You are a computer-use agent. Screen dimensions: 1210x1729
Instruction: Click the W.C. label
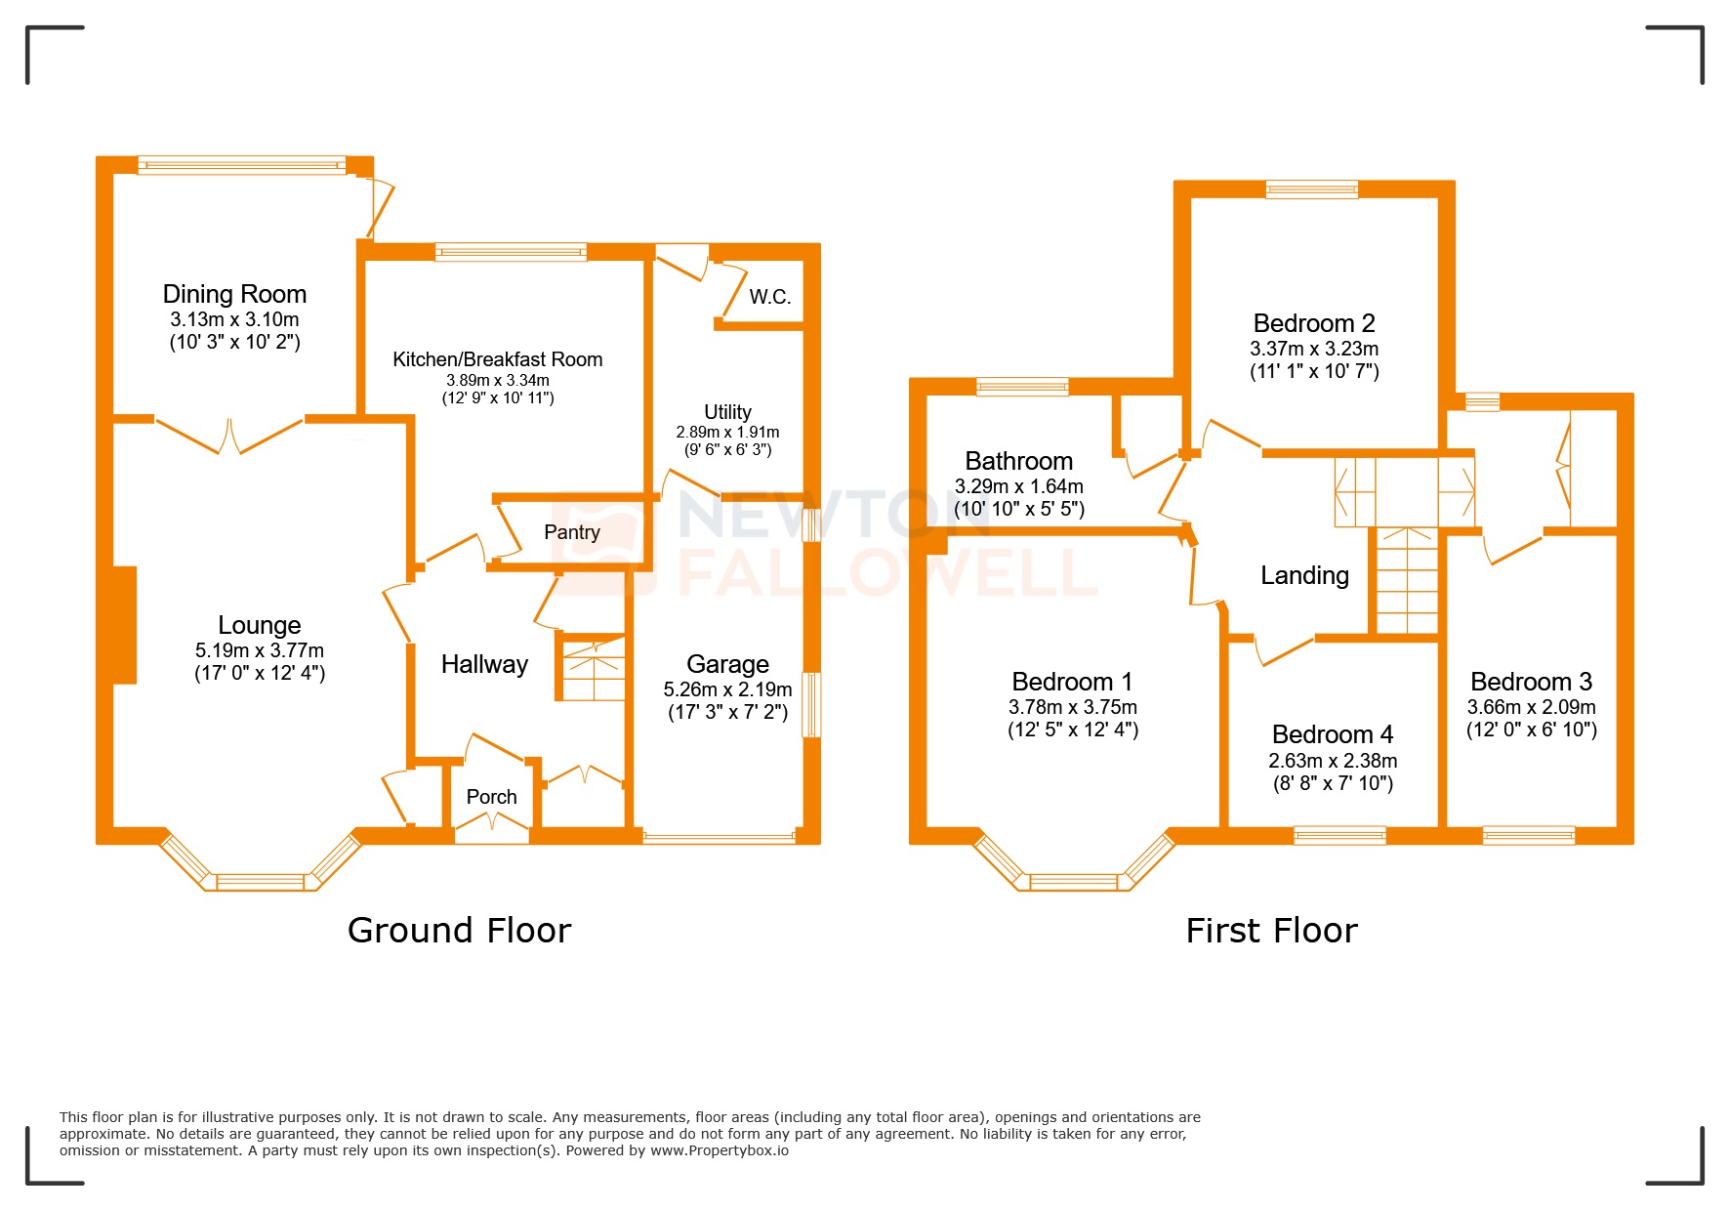click(x=769, y=297)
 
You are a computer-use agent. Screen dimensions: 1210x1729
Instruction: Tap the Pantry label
click(x=571, y=532)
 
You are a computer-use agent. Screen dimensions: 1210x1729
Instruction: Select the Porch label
click(x=491, y=797)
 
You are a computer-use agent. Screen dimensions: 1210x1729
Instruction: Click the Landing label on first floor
click(x=1304, y=575)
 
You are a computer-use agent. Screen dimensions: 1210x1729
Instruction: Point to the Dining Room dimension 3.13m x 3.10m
click(x=234, y=319)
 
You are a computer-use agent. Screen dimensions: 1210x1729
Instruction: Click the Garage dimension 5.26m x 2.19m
click(x=727, y=689)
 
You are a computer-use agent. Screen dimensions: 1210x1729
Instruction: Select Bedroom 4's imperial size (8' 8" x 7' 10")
click(x=1333, y=783)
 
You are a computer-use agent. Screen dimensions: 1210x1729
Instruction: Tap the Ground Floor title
click(x=459, y=931)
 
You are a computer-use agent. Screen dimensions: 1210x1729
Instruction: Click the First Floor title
click(x=1271, y=931)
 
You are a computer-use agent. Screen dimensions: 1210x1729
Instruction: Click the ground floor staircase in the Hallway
click(x=592, y=668)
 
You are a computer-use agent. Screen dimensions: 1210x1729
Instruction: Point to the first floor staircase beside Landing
click(x=1407, y=582)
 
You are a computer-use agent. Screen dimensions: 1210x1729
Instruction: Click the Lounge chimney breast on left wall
click(x=124, y=625)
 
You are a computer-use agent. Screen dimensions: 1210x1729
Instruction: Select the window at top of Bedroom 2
click(x=1311, y=189)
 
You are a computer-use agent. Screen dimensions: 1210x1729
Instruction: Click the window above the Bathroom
click(x=1022, y=387)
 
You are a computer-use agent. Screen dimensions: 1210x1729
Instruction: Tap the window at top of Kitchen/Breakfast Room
click(x=511, y=252)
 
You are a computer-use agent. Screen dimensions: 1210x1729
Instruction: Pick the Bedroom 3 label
click(x=1531, y=682)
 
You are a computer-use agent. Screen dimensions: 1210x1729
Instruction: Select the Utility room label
click(x=727, y=412)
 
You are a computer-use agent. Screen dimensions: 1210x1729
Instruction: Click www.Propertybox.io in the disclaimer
click(x=719, y=1150)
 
